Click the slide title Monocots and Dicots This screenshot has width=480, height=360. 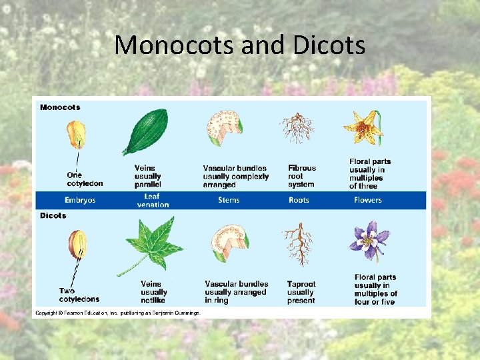(240, 45)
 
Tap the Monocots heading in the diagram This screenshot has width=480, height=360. (60, 107)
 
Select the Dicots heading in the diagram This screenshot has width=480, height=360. (53, 215)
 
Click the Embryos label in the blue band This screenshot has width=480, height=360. (80, 200)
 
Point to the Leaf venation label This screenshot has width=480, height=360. (152, 200)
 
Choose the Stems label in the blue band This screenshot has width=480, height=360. (229, 200)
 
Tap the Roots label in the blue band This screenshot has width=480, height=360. (299, 200)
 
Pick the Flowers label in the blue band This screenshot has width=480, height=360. (368, 200)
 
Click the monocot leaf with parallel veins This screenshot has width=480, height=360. (145, 131)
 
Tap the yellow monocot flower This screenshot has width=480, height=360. (363, 128)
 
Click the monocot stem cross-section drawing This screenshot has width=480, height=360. (225, 129)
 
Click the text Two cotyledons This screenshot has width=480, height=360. (79, 295)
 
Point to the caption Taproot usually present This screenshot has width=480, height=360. (301, 292)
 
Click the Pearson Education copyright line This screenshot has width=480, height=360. (117, 313)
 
